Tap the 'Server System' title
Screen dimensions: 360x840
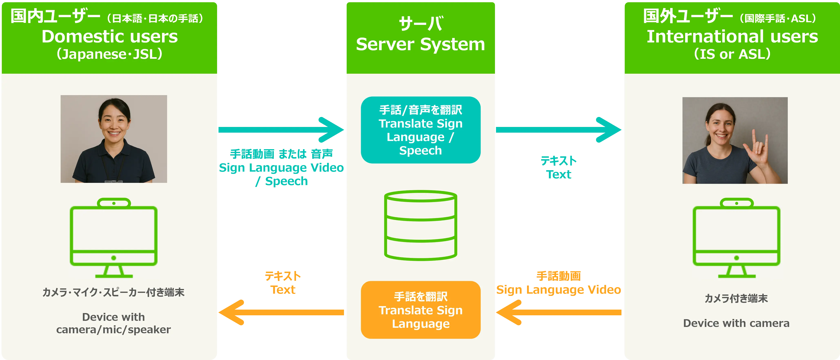pos(420,44)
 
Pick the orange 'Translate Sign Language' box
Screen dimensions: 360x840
pos(420,310)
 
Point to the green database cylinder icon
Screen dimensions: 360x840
pos(420,225)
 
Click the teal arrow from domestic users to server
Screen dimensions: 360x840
pos(280,130)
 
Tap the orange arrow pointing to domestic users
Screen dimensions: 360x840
pos(280,312)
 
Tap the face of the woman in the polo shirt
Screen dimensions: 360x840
pos(114,122)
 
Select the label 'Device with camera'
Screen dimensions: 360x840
pos(736,323)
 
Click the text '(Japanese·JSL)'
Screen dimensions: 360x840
pos(110,54)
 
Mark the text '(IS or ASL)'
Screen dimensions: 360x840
pos(732,54)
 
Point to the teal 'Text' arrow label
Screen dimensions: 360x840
pos(559,175)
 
